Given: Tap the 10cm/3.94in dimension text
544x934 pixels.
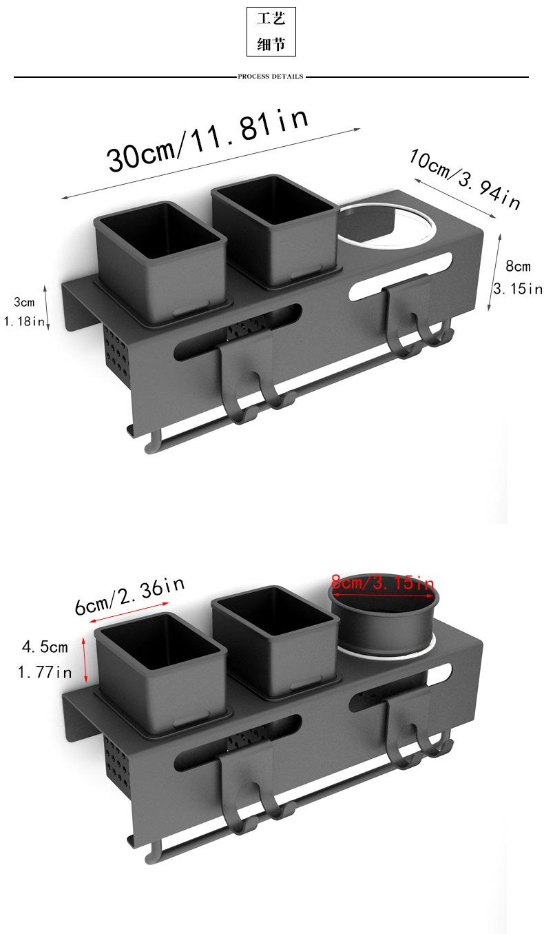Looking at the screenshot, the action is click(465, 179).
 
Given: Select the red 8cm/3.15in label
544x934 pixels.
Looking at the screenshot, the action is click(383, 582).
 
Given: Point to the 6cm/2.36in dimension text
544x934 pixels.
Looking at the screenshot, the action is click(129, 595).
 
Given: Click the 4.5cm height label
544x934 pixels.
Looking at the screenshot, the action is click(45, 647).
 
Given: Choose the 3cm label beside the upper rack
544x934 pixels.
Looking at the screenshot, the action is click(24, 302).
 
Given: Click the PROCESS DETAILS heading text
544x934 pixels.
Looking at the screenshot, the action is click(271, 77).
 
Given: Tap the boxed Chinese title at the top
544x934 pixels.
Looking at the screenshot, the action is click(271, 32).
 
